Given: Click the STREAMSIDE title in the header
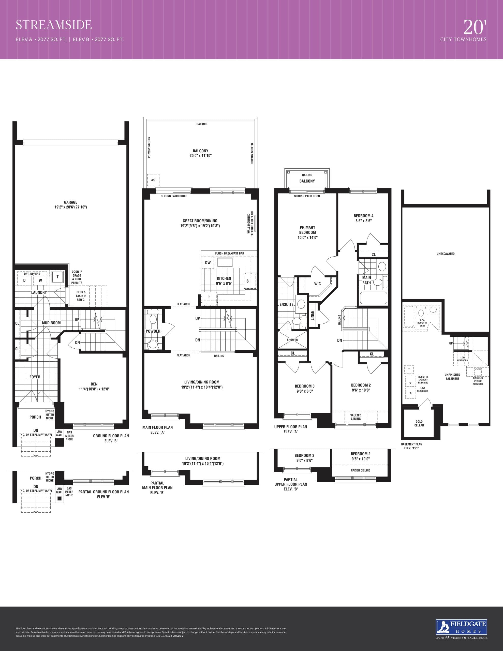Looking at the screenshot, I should [54, 25].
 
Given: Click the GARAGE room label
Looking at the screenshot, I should [71, 202].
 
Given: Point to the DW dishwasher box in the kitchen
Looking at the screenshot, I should [208, 263].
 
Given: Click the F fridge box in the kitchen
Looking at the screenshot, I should [209, 296].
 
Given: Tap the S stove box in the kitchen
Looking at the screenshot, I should [247, 281].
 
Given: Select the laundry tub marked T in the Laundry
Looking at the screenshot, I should [57, 277].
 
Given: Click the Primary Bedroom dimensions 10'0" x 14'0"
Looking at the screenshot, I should [307, 238].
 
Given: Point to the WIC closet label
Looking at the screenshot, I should [317, 284].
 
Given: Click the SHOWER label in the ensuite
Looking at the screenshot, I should [292, 340].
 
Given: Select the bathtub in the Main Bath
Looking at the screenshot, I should [373, 298].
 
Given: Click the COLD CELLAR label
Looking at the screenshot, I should [419, 423].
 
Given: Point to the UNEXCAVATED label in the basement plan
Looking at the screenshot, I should [446, 254].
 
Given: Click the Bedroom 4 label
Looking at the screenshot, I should [363, 216].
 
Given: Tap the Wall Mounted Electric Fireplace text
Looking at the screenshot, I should [250, 224].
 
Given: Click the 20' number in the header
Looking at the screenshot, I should [475, 27].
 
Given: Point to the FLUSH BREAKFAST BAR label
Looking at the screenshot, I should [229, 253].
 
